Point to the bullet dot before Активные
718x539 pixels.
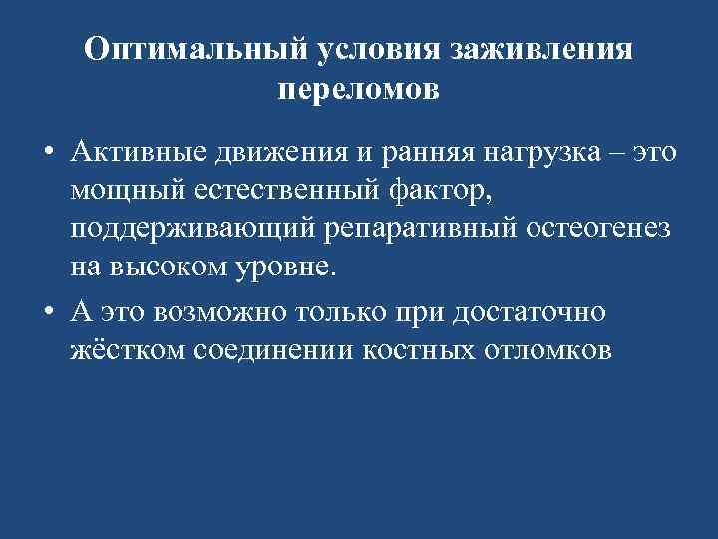pyautogui.click(x=49, y=152)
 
